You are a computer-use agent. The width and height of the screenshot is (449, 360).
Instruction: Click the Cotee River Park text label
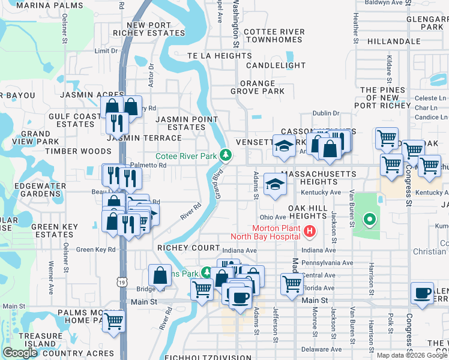185,156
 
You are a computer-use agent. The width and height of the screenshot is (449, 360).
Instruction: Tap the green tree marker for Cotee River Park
226,155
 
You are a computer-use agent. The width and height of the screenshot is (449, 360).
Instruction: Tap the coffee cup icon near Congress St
423,293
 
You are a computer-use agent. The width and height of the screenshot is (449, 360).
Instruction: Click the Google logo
20,353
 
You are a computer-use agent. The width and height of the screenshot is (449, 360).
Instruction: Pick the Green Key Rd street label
95,250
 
